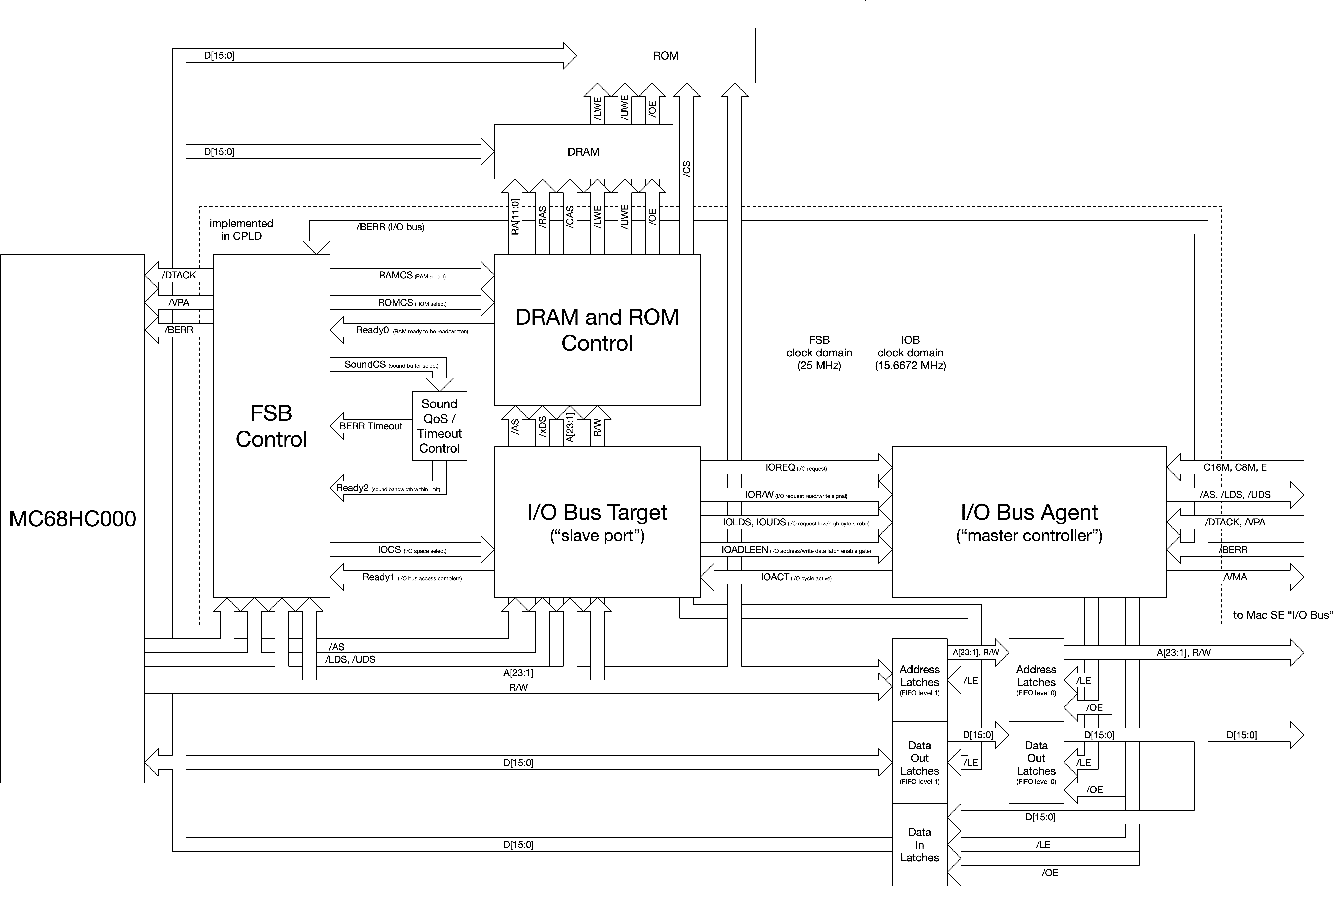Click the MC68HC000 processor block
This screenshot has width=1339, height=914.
pyautogui.click(x=73, y=519)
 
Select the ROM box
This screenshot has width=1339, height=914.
pyautogui.click(x=666, y=55)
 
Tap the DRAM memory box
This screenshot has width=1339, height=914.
pyautogui.click(x=584, y=152)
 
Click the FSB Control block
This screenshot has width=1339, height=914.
pyautogui.click(x=271, y=426)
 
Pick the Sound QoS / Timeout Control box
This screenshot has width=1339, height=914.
pyautogui.click(x=440, y=426)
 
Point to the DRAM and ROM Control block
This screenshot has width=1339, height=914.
pyautogui.click(x=597, y=330)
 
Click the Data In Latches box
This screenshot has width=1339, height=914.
pyautogui.click(x=920, y=845)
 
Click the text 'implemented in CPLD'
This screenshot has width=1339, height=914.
pyautogui.click(x=241, y=229)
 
